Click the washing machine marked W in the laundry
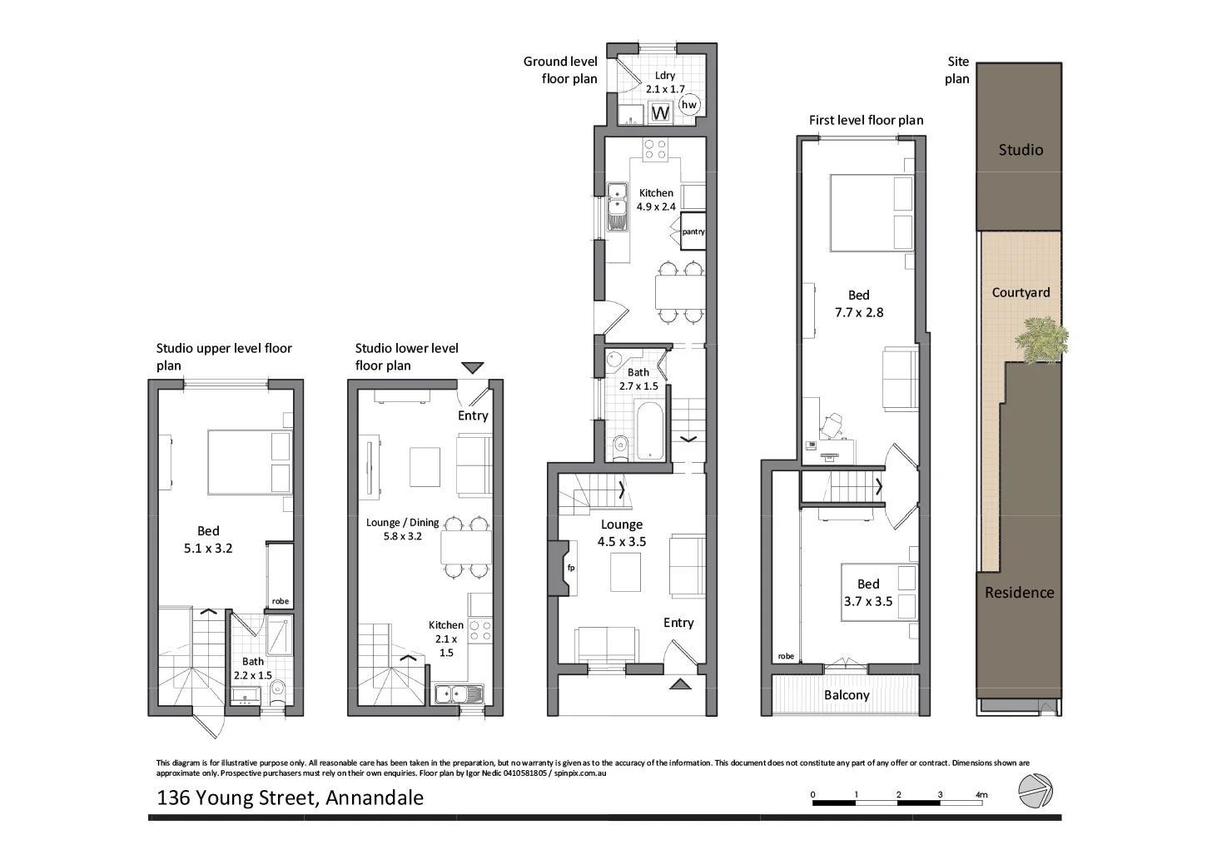(662, 112)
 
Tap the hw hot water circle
(688, 105)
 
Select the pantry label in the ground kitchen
(693, 231)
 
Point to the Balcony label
(847, 695)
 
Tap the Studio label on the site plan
(1021, 150)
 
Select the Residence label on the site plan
(1019, 593)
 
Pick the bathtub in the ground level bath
(649, 430)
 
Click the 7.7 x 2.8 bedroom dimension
(859, 313)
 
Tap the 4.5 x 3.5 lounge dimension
(621, 542)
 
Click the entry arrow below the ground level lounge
(680, 684)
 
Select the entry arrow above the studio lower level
(472, 367)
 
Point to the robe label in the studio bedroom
(280, 601)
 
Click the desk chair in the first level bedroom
(831, 426)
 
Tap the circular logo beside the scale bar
(1036, 791)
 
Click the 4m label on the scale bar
(981, 795)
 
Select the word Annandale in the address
(375, 798)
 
